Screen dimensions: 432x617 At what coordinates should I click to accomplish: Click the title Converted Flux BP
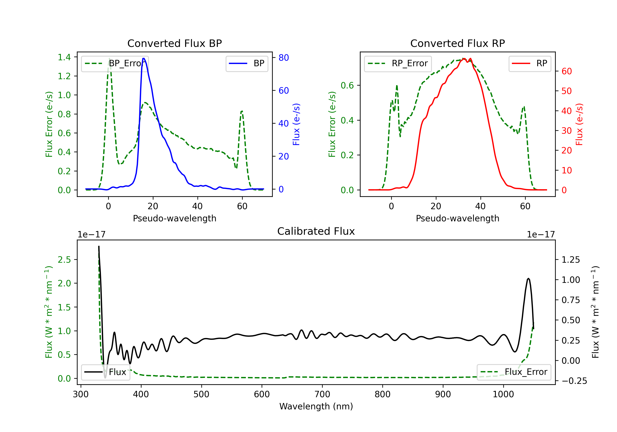(x=174, y=43)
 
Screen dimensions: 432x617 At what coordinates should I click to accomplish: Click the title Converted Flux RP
(x=457, y=43)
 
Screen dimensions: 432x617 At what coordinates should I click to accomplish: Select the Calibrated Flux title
(x=316, y=231)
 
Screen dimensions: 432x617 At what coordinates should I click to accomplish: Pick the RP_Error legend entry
(x=398, y=63)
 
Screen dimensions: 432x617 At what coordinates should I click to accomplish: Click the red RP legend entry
(x=530, y=63)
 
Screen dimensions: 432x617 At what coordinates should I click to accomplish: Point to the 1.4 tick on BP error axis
(x=64, y=57)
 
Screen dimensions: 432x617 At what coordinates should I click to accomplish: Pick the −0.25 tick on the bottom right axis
(x=574, y=381)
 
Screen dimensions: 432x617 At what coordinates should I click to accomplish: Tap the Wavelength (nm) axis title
(x=316, y=406)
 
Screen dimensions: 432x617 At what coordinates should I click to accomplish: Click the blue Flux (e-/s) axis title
(x=296, y=124)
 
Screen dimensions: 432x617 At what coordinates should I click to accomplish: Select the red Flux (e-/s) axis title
(x=579, y=124)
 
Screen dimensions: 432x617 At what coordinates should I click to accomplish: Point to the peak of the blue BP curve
(x=144, y=58)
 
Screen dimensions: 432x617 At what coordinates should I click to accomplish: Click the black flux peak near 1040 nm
(x=528, y=279)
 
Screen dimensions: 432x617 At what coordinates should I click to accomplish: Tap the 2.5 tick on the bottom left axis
(x=64, y=260)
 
